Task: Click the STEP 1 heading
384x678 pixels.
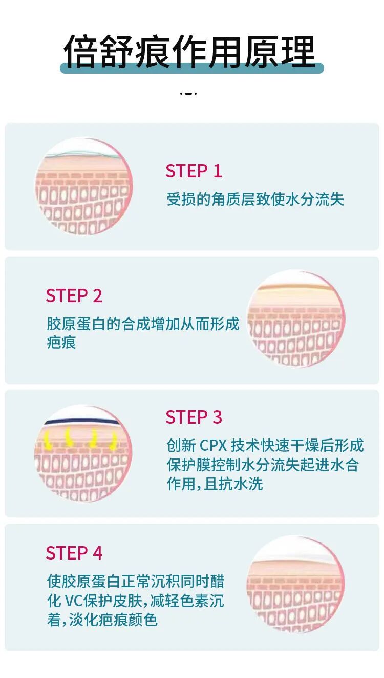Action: [194, 171]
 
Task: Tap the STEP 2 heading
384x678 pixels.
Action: [74, 296]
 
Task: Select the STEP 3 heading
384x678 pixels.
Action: [194, 417]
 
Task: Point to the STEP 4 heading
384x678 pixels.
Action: [74, 553]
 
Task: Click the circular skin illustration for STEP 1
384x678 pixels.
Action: [83, 186]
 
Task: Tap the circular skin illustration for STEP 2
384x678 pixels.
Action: [295, 318]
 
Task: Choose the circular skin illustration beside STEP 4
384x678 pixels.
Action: [295, 584]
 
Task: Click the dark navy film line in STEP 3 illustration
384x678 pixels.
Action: [81, 422]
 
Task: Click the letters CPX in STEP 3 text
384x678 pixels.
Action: [214, 446]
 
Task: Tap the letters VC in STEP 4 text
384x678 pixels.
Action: [73, 601]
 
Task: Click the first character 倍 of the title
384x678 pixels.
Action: [81, 51]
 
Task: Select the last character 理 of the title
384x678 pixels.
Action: [298, 51]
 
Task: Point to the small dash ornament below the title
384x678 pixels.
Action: [188, 94]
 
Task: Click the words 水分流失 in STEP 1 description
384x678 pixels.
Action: [314, 199]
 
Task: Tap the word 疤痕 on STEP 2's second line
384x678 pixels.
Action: [61, 343]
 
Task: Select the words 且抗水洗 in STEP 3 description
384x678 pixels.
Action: [233, 484]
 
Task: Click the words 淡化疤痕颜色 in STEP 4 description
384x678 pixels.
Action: [114, 620]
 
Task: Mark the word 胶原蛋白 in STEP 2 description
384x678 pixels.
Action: [76, 324]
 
